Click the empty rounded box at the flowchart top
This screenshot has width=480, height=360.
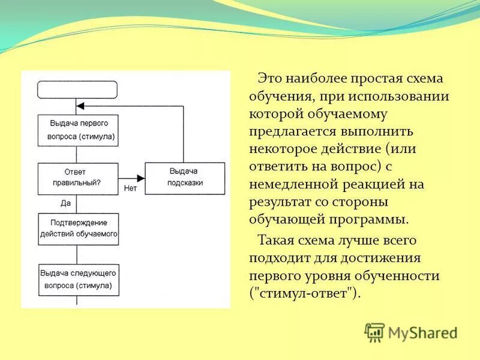coord(77,89)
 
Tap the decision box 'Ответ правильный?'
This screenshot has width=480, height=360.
coord(78,178)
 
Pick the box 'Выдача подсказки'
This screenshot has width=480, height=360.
coord(185,178)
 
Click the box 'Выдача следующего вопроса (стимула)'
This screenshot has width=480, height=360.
coord(78,279)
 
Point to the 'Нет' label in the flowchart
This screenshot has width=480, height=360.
coord(130,188)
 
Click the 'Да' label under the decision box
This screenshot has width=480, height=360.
coord(66,203)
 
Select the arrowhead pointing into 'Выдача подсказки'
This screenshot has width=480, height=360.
coord(141,178)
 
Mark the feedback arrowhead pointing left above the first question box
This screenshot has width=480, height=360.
coord(82,106)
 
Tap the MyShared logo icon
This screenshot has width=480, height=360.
coord(374,332)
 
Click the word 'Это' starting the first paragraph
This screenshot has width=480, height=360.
coord(271,78)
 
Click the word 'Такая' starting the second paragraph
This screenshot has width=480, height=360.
coord(278,241)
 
